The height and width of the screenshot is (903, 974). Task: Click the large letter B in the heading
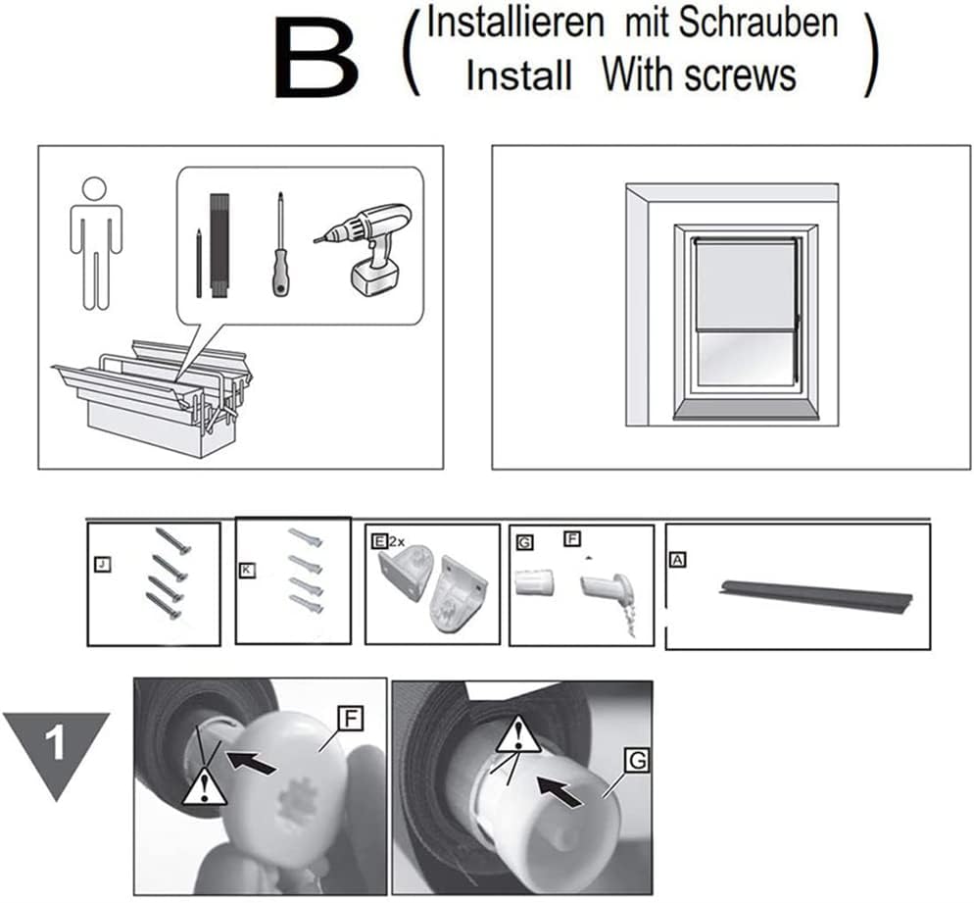317,58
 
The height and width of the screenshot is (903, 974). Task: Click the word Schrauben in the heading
757,23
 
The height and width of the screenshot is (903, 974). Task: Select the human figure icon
96,243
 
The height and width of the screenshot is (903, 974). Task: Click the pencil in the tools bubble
199,263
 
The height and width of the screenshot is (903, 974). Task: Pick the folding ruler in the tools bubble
219,246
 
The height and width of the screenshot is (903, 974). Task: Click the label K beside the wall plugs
247,570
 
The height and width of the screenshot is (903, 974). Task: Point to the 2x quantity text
396,542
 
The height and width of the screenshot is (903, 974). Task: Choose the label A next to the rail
677,560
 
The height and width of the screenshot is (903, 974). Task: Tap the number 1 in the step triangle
56,742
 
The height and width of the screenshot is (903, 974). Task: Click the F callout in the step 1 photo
351,719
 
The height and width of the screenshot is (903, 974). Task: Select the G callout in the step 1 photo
637,760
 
